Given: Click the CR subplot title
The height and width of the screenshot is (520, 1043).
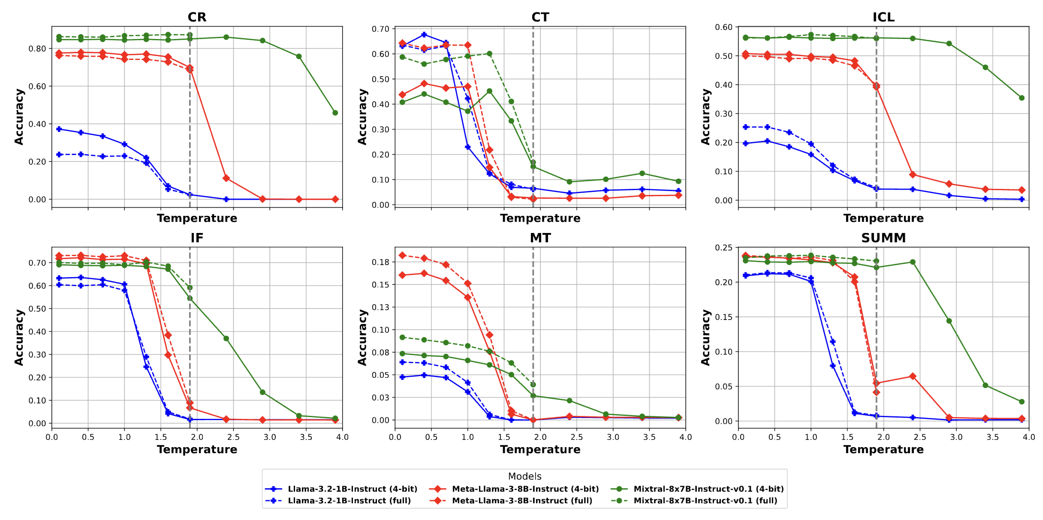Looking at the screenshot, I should [x=197, y=17].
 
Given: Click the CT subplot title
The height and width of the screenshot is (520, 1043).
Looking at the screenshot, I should [x=540, y=17].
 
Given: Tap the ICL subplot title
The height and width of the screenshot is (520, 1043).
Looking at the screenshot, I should [x=883, y=17].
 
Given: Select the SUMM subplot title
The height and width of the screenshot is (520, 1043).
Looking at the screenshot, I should [x=883, y=238].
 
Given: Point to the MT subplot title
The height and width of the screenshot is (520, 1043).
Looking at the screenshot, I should [x=540, y=238].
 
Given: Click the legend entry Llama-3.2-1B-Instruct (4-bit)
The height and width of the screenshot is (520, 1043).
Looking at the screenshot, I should [x=352, y=489].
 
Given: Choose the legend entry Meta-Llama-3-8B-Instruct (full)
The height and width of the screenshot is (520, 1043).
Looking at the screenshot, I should [x=522, y=501].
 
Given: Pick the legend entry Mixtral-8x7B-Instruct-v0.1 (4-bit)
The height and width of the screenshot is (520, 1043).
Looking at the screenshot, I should [x=708, y=489].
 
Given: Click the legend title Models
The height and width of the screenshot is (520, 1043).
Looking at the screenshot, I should [x=525, y=476].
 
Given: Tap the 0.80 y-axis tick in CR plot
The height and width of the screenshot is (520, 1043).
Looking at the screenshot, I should [x=37, y=49].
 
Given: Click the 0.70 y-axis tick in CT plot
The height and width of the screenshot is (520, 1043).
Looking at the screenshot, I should [x=380, y=29].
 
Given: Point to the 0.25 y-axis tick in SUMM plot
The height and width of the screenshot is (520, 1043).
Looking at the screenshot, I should [x=723, y=248].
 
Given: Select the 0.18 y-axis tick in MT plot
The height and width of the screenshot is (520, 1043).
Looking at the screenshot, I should [x=380, y=262].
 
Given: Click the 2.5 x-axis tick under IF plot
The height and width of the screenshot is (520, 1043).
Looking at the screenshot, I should [x=233, y=437].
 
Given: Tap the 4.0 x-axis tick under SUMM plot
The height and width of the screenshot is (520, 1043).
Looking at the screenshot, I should [x=1028, y=437].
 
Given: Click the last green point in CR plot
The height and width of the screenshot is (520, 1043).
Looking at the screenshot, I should [x=335, y=113].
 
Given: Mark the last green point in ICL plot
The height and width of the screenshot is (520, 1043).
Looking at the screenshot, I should [x=1022, y=98].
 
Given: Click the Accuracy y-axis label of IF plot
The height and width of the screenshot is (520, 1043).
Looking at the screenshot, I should [x=19, y=338].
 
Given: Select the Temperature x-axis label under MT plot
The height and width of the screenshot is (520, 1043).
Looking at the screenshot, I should [x=540, y=450].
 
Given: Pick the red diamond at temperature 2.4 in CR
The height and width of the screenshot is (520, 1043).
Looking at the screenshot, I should [x=226, y=178].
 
